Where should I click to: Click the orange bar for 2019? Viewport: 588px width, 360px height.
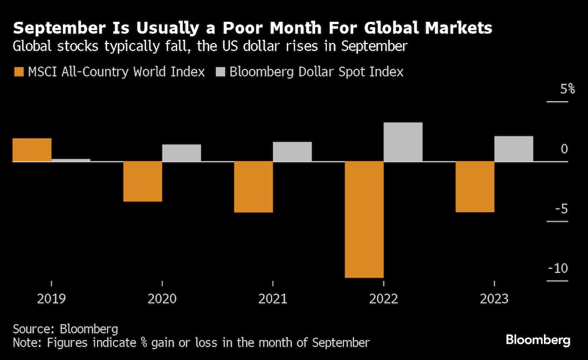tap(32, 150)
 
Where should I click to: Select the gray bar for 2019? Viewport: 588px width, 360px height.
tap(71, 160)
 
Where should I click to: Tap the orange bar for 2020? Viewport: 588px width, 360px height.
tap(142, 181)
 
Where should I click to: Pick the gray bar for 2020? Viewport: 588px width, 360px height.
tap(182, 153)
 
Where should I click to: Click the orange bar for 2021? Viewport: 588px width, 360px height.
tap(253, 186)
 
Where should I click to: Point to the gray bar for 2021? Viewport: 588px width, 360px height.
tap(292, 152)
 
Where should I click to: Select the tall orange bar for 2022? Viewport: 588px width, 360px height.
tap(364, 219)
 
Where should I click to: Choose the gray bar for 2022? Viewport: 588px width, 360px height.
tap(403, 142)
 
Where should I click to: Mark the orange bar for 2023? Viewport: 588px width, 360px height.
tap(475, 186)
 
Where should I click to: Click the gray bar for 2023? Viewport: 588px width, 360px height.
tap(513, 149)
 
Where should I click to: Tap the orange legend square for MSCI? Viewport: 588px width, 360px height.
tap(18, 72)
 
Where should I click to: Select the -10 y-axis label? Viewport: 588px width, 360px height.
tap(557, 269)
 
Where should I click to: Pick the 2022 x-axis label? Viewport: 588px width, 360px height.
tap(383, 299)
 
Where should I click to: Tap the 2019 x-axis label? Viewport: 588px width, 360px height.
tap(51, 299)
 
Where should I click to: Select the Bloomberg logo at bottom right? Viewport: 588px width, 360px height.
tap(538, 340)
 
